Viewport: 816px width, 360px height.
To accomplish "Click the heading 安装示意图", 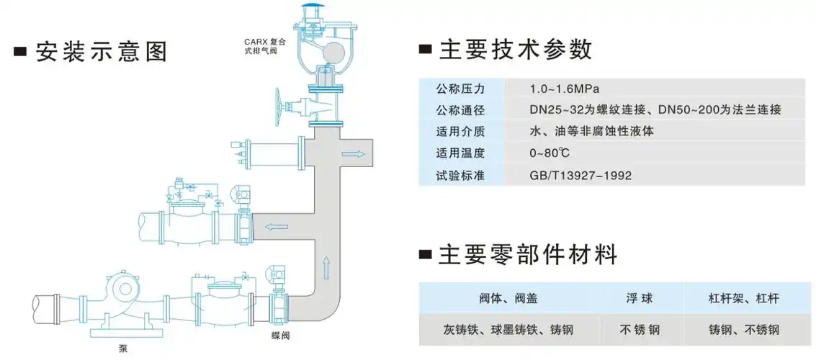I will [x=100, y=53].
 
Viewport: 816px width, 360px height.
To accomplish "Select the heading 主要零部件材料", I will [x=528, y=255].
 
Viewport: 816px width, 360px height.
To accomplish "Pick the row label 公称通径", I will [x=460, y=110].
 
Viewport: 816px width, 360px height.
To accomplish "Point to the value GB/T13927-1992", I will [x=580, y=175].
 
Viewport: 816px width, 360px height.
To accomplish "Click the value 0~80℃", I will [x=550, y=153].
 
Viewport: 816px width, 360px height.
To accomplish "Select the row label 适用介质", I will [x=460, y=132].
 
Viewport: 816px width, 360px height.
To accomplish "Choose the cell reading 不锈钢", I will [x=639, y=330].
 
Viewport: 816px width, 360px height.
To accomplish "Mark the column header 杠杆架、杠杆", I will [x=743, y=297].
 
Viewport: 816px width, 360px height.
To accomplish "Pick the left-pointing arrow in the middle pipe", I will [x=275, y=227].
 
